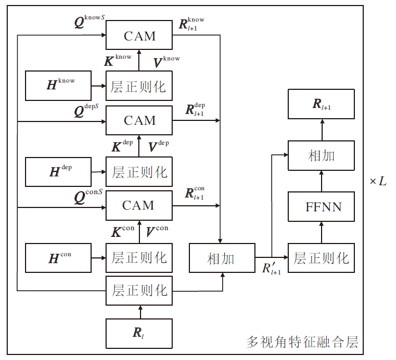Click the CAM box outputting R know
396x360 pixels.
tap(139, 37)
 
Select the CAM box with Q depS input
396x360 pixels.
tap(139, 121)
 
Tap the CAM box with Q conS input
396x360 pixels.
tap(139, 205)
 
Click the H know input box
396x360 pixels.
tap(58, 85)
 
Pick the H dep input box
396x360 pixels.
tap(58, 171)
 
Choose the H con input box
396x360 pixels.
tap(58, 257)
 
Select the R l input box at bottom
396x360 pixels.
tap(139, 333)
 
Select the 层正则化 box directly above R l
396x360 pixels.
tap(139, 290)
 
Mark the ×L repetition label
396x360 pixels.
tap(378, 181)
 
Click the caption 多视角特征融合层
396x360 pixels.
tap(303, 342)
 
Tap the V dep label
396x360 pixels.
tap(159, 146)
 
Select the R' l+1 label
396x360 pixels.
tap(272, 269)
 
